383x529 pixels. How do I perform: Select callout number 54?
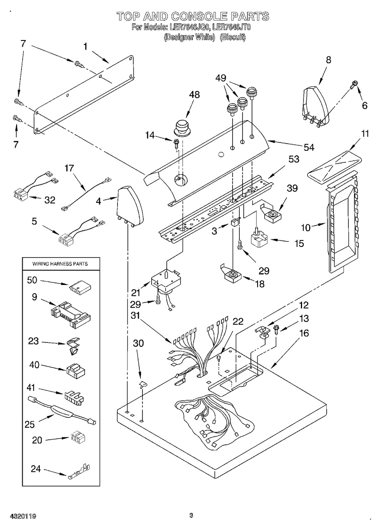tap(308, 148)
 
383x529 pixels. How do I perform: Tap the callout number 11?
tap(365, 133)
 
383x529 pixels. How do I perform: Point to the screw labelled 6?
tap(354, 84)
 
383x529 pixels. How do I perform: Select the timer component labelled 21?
tap(166, 282)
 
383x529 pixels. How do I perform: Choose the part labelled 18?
tap(232, 275)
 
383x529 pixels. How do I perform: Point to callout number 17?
tap(69, 168)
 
